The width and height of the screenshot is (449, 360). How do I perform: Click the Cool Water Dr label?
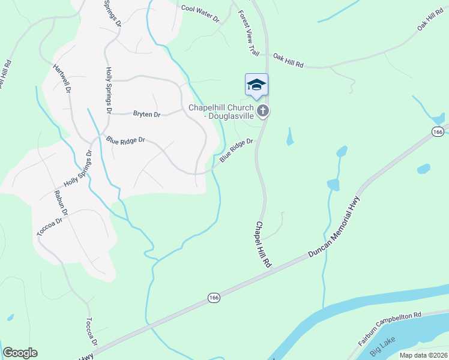click(200, 14)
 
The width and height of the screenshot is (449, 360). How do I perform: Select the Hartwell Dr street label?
click(62, 78)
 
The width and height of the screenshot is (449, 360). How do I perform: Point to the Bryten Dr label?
click(146, 114)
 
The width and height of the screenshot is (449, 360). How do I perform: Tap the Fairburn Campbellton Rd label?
click(391, 327)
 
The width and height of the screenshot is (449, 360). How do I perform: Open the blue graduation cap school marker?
click(256, 85)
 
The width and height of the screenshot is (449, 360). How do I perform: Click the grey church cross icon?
click(262, 110)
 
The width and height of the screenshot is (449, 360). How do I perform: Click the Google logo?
click(20, 353)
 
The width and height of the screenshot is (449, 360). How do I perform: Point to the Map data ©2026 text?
click(423, 355)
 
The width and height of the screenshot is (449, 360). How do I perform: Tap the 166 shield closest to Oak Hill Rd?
click(438, 131)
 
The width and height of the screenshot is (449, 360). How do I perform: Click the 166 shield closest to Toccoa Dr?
click(214, 298)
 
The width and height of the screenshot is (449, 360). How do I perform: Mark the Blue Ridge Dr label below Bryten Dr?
click(126, 140)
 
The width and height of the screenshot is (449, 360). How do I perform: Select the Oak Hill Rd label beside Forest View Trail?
click(288, 60)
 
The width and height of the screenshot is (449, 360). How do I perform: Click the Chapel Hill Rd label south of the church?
click(264, 244)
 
